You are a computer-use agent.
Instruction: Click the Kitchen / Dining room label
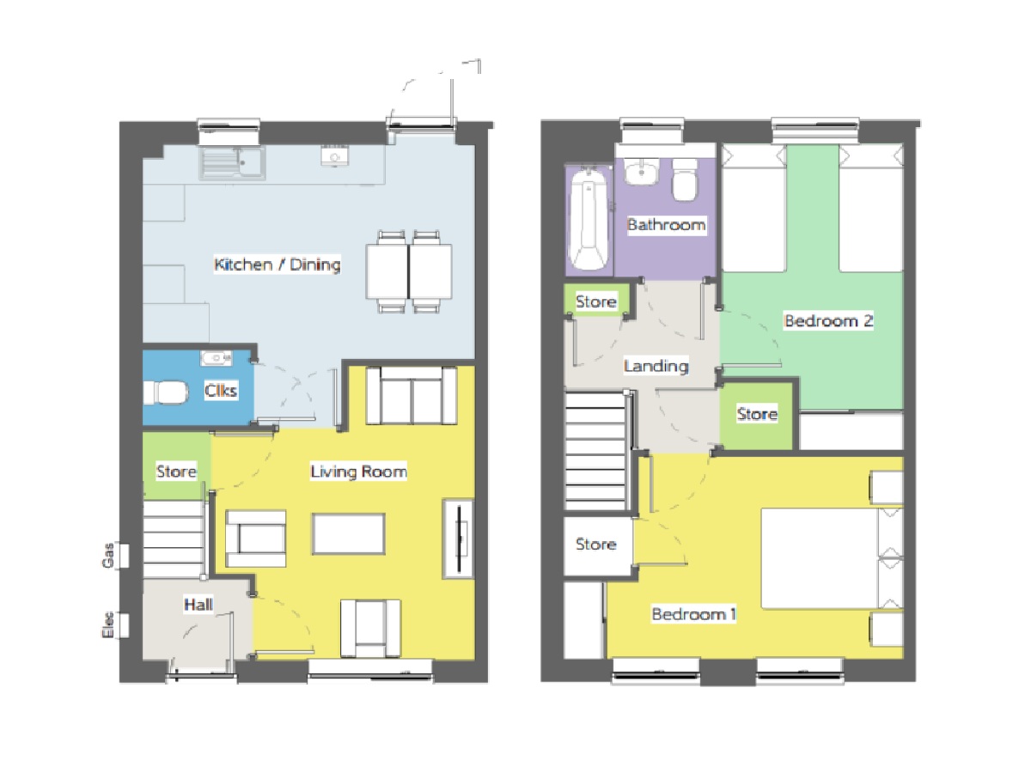[278, 265]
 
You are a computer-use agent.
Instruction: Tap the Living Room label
[358, 472]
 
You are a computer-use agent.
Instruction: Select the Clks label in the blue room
[221, 390]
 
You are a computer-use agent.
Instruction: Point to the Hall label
[198, 604]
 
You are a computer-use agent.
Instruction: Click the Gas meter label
[108, 555]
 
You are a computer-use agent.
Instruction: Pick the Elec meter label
[108, 624]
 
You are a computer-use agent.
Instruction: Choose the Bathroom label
[666, 224]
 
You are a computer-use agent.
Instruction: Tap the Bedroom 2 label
[828, 320]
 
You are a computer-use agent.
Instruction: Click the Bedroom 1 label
[693, 614]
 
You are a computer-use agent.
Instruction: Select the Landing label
[656, 366]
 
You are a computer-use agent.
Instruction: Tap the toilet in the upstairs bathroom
[686, 180]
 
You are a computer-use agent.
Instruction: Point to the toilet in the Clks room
[165, 393]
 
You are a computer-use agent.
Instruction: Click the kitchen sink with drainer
[232, 163]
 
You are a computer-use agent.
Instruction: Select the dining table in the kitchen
[409, 271]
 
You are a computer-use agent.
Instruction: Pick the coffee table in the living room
[349, 533]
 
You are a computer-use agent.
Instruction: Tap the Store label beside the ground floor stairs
[176, 472]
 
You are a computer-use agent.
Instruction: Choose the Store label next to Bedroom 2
[757, 414]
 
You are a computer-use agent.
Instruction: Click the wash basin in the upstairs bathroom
[641, 171]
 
